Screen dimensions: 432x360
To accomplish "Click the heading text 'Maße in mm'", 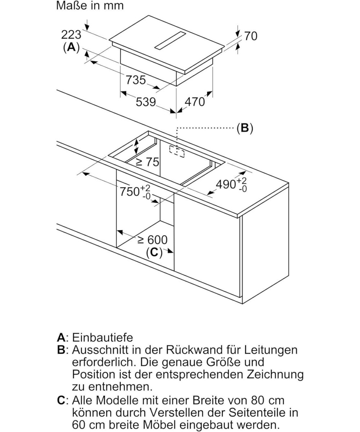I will point(90,6).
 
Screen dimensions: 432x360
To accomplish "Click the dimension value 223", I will point(71,35).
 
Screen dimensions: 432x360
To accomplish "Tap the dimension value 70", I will point(251,36).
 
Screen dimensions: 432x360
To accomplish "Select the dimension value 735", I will point(135,79).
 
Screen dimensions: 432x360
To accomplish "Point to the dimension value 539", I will point(145,102).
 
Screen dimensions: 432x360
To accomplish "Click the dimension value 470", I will point(194,102).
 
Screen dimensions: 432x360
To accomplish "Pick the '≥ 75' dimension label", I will point(147,162).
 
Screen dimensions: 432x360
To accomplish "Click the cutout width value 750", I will point(130,191).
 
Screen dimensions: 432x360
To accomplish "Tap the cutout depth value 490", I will point(226,184).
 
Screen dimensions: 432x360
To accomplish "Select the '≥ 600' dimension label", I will point(152,239).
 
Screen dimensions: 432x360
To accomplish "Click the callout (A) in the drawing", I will point(71,47).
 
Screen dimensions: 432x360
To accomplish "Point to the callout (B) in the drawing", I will point(245,128).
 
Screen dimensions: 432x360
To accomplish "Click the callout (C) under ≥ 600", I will point(154,252).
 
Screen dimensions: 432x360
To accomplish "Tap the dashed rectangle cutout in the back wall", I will point(177,152).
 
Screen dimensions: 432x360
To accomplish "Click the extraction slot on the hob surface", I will point(170,40).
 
